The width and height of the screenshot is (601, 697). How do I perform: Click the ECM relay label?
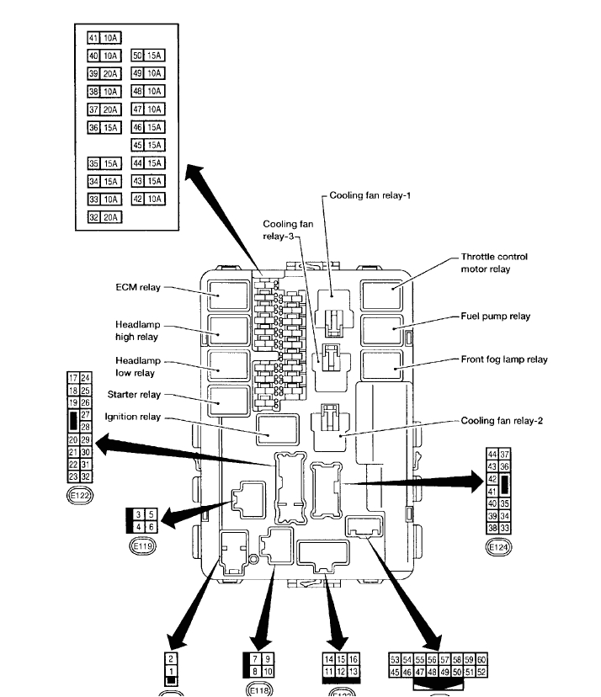(138, 287)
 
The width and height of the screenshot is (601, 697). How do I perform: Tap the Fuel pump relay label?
(495, 317)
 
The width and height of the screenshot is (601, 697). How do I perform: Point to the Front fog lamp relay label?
(504, 359)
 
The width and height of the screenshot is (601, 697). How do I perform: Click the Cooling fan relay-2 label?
(502, 420)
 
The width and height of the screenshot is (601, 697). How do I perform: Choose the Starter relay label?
(134, 394)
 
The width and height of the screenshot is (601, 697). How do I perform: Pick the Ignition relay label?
(132, 417)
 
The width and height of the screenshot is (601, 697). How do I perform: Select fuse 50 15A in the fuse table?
(148, 56)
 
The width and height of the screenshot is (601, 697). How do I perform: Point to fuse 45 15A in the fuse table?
(148, 146)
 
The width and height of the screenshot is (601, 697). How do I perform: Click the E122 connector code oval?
(79, 497)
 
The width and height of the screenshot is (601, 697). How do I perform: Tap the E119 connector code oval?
(140, 545)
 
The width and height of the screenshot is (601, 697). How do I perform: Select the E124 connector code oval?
(498, 547)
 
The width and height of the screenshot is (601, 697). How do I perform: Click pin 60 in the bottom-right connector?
(482, 660)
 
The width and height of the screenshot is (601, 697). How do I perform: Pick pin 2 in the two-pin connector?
(171, 659)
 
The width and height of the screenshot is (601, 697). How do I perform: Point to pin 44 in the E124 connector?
(492, 455)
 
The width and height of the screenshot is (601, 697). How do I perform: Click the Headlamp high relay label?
(137, 330)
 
